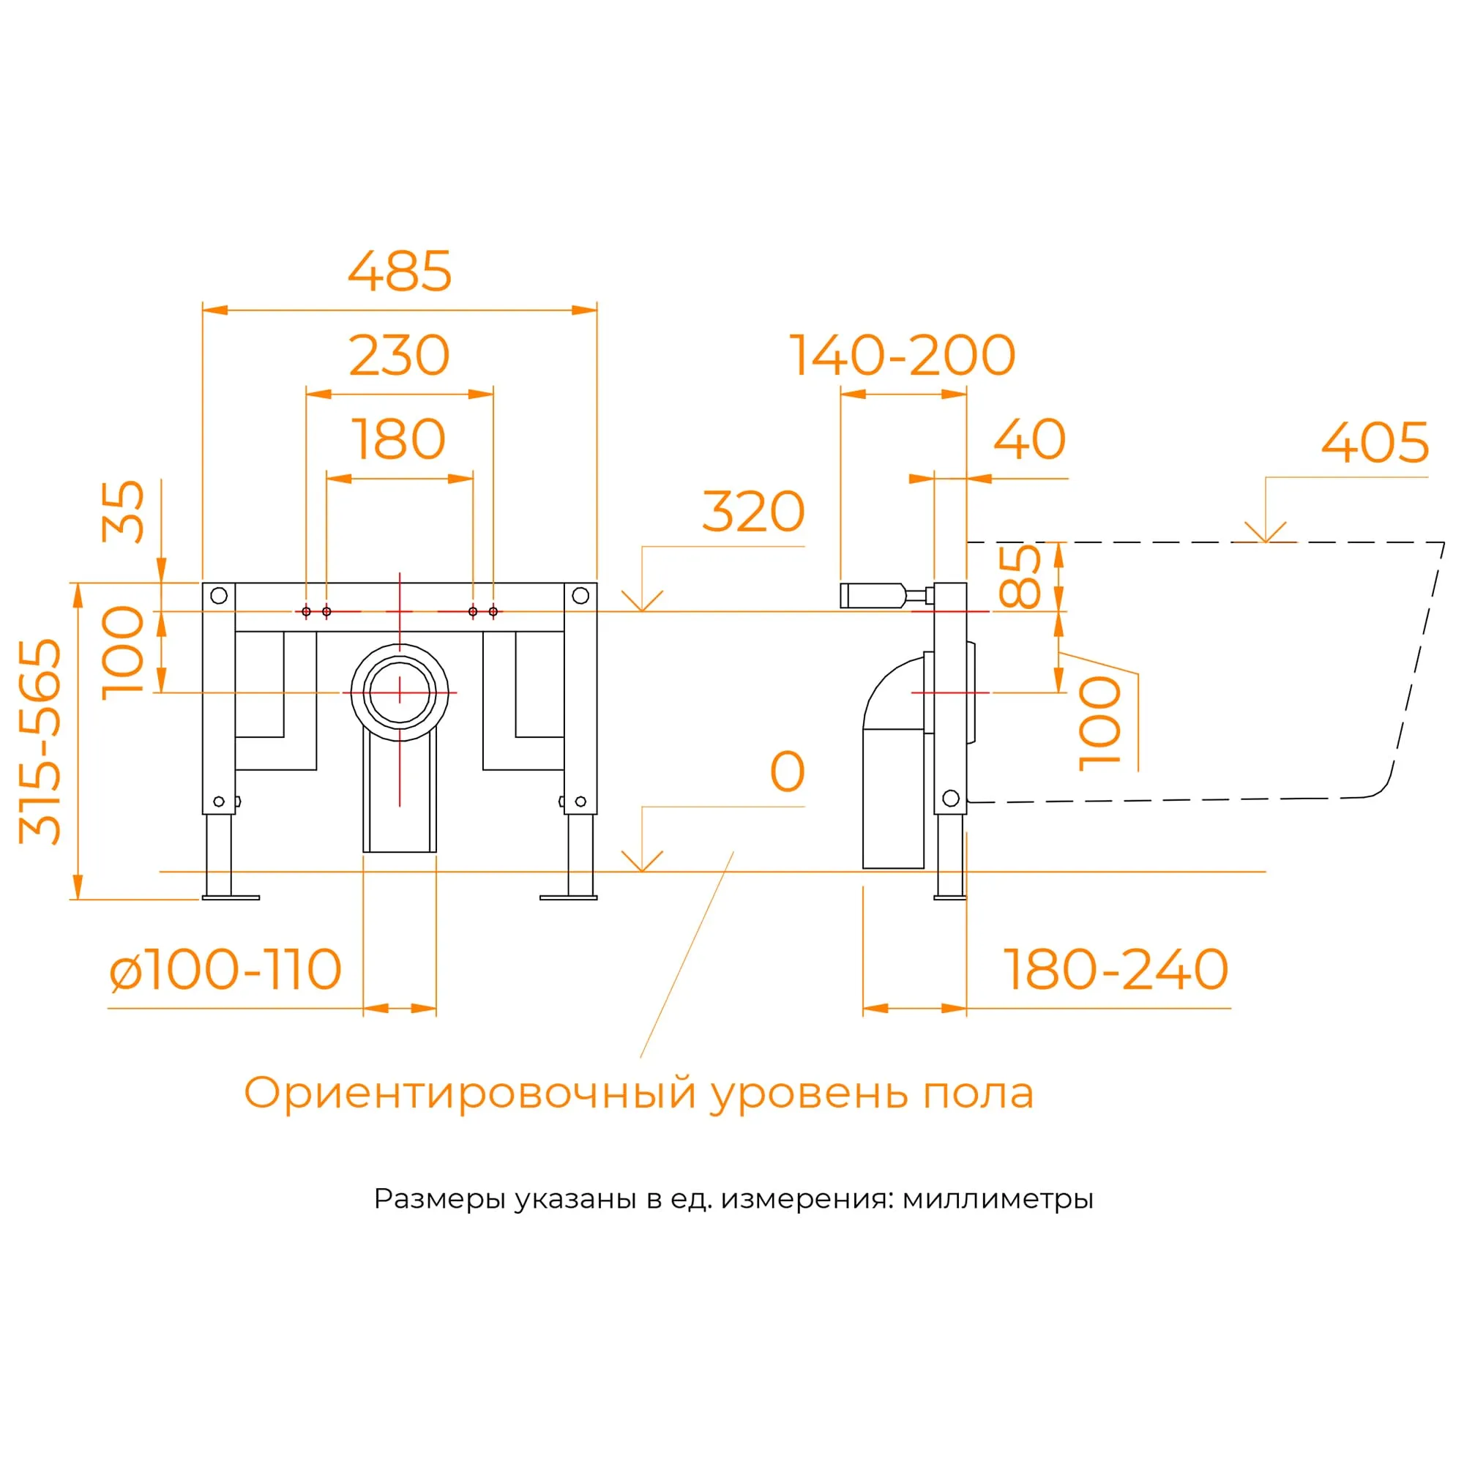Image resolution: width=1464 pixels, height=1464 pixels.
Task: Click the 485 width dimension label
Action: pos(400,272)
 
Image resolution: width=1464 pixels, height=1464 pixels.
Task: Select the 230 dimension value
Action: pos(400,356)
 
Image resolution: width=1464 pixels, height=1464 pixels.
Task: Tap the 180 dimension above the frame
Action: pos(400,439)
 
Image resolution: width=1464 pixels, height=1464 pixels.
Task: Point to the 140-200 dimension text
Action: pos(902,356)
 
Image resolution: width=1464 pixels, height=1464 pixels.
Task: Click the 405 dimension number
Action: pos(1375,444)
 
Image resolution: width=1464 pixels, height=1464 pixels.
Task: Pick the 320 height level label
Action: pos(753,512)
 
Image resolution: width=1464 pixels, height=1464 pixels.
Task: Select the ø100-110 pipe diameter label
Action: pos(225,969)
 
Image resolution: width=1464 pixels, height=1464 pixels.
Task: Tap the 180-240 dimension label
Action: pos(1115,969)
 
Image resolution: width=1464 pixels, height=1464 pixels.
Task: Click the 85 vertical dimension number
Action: pos(1020,577)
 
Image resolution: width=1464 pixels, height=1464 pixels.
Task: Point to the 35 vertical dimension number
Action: pos(124,512)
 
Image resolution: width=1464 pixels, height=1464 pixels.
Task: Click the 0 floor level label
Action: pos(787,772)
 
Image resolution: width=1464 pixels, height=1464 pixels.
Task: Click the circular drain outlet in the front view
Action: pos(400,692)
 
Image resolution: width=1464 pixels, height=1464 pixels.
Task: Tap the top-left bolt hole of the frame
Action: pos(219,595)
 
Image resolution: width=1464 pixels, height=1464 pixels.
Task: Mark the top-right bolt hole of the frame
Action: pos(580,595)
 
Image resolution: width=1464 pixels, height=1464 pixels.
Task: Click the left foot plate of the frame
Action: pos(231,897)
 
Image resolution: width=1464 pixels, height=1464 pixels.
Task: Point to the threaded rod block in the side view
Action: pos(871,595)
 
